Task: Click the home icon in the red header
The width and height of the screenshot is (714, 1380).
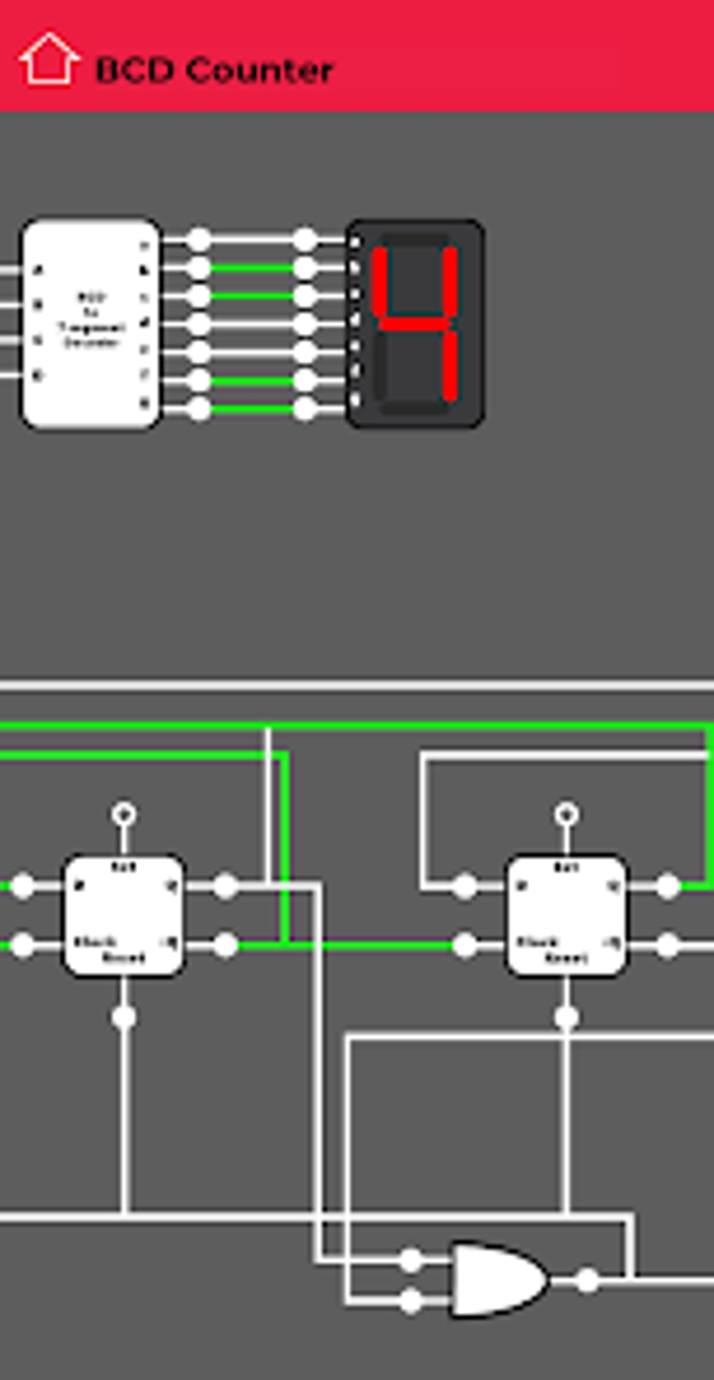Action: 48,60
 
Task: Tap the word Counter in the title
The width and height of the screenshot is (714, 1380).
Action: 260,71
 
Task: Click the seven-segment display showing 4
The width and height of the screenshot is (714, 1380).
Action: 415,322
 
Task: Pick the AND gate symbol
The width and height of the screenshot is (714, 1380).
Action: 498,1279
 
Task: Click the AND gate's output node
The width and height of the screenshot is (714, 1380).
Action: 587,1281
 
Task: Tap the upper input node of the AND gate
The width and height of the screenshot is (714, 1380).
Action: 411,1260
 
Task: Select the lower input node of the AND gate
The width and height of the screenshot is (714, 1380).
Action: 411,1301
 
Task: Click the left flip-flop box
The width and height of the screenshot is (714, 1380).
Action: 124,916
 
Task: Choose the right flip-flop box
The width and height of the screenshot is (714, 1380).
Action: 566,916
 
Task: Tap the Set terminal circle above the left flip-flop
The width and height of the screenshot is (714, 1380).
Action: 124,814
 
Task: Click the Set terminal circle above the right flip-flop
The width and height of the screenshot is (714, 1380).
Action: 566,814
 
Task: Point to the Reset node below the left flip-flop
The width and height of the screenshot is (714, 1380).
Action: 124,1017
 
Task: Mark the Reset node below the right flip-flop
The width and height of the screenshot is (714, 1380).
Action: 566,1017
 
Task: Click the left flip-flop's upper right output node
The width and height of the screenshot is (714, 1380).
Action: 225,886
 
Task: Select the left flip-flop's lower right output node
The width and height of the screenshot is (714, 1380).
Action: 225,945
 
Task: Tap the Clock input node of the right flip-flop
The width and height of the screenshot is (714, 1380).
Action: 464,945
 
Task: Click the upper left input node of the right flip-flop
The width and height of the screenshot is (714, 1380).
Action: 464,886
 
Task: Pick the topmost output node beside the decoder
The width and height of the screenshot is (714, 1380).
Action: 199,240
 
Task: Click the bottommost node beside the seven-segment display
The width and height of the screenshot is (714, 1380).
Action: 304,408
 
